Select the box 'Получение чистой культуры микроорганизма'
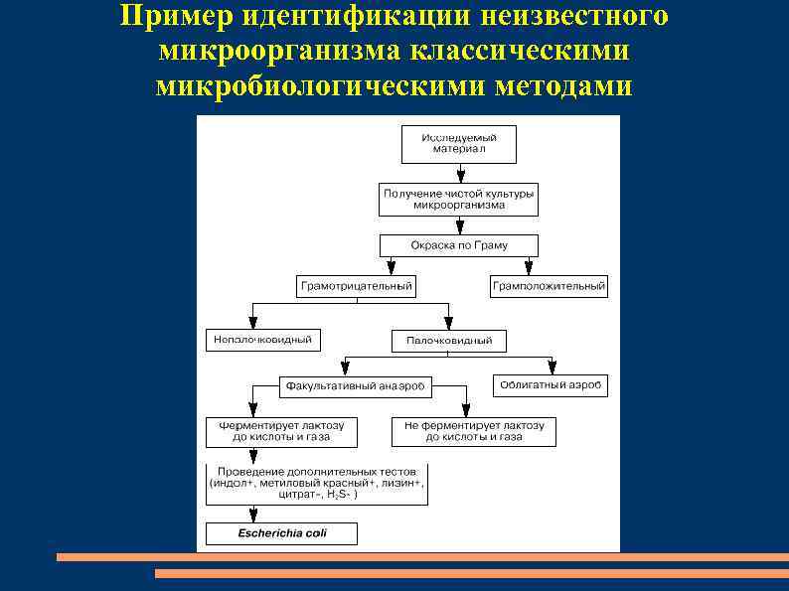[x=458, y=199]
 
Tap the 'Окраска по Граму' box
[x=458, y=245]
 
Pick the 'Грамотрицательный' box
[x=356, y=286]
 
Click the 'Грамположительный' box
[x=548, y=286]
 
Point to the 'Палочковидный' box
[x=448, y=341]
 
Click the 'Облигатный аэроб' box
[x=550, y=384]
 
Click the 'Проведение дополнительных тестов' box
[x=317, y=484]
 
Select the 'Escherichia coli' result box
[x=281, y=533]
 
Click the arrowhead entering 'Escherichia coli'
[x=253, y=517]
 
